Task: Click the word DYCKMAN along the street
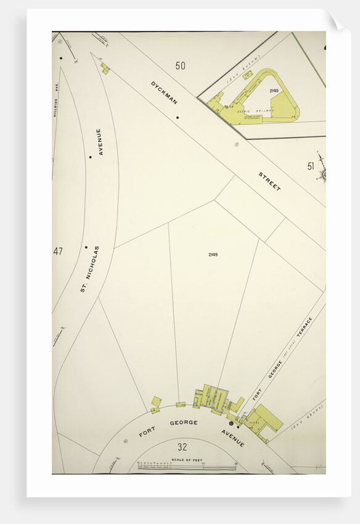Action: (x=163, y=92)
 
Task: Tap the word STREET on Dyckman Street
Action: (x=269, y=181)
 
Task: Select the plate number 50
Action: (x=180, y=65)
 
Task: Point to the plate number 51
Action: (x=311, y=165)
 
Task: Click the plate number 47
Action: (x=58, y=251)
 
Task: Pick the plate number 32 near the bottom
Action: (x=182, y=447)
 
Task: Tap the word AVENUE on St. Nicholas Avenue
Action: (x=99, y=142)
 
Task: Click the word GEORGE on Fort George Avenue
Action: (x=184, y=422)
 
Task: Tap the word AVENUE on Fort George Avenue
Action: (x=233, y=438)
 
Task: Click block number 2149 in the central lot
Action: (x=213, y=255)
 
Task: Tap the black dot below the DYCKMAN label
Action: (x=178, y=117)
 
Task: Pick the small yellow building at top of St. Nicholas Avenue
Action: (x=105, y=68)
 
